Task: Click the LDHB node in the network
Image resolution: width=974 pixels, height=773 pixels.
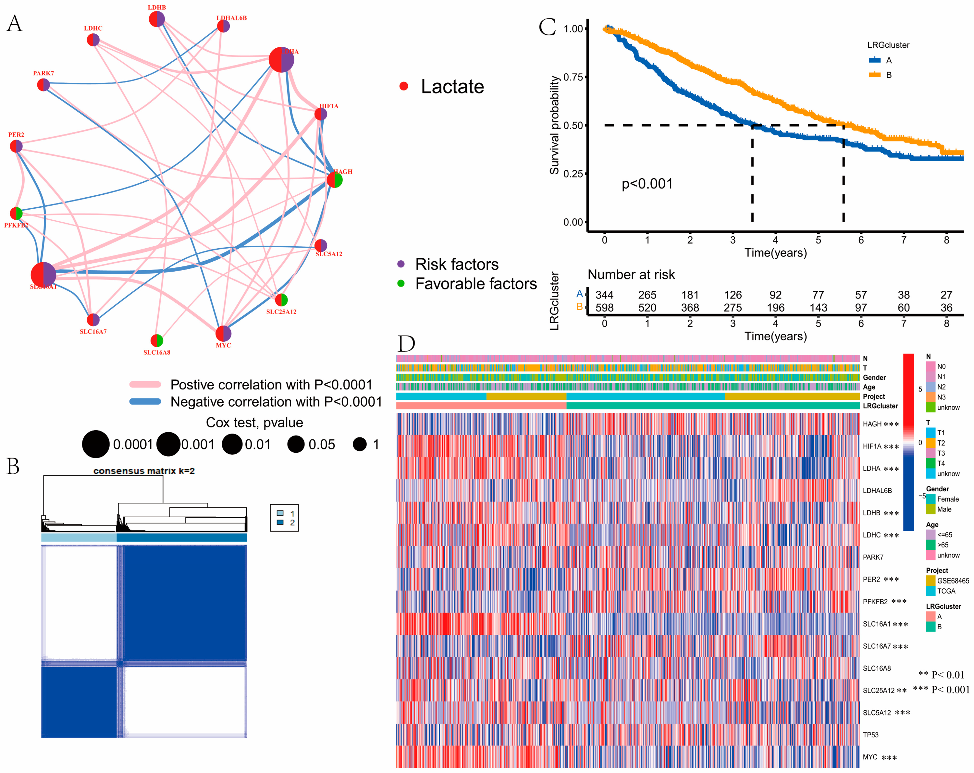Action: click(157, 19)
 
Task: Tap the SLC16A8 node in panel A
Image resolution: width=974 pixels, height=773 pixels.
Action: click(157, 340)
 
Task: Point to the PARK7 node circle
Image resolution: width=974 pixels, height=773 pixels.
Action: click(43, 84)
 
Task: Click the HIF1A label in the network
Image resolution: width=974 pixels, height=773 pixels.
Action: click(329, 106)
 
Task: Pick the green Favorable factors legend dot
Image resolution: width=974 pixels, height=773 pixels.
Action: click(401, 283)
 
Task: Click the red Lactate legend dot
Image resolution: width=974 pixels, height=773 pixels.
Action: click(404, 86)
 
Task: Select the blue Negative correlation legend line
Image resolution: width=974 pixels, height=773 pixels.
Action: click(145, 401)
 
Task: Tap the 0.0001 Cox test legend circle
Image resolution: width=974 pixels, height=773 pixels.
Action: click(96, 444)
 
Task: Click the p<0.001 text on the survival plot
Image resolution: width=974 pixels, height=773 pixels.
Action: click(647, 184)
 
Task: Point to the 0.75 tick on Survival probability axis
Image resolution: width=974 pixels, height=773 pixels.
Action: click(573, 77)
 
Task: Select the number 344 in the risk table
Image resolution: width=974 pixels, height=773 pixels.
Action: click(604, 295)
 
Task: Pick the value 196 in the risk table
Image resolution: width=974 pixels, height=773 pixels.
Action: click(775, 308)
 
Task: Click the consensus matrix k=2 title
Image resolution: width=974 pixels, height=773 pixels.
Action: click(144, 471)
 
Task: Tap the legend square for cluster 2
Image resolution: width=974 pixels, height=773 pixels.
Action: click(280, 522)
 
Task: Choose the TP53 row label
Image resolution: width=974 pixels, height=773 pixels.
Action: click(870, 735)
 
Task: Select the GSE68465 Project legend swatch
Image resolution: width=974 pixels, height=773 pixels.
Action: click(931, 581)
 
